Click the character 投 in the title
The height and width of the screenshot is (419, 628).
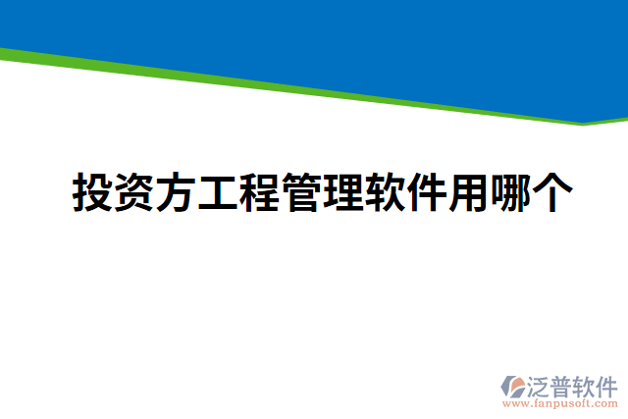[93, 194]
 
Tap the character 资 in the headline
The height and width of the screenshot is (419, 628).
[134, 194]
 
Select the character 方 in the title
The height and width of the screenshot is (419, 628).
[176, 194]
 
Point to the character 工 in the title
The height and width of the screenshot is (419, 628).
[218, 194]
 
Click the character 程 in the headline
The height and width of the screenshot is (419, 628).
[259, 194]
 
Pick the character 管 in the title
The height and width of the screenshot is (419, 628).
[300, 194]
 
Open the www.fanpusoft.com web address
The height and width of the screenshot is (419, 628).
[559, 402]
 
